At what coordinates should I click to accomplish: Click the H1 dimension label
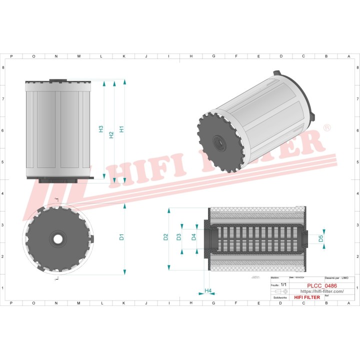point(121,129)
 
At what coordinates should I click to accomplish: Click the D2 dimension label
point(166,237)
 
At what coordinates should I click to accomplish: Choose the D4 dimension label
point(194,237)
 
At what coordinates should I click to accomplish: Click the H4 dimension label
point(208,290)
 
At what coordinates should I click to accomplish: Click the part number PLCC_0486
point(321,286)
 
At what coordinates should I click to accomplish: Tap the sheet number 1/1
point(284,284)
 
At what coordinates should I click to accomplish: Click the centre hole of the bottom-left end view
point(58,239)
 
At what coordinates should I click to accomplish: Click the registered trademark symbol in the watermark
point(327,128)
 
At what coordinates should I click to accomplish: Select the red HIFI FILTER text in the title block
point(307,297)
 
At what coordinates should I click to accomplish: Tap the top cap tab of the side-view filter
point(58,79)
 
